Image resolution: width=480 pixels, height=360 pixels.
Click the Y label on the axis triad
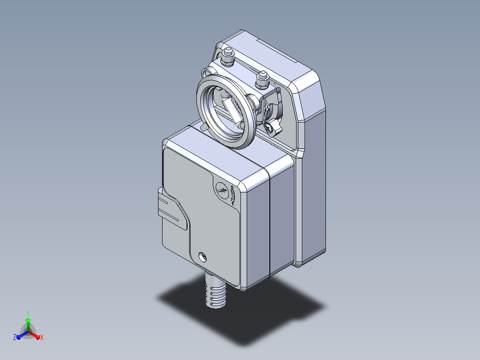pos(28,313)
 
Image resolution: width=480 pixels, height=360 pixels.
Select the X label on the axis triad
pos(42,337)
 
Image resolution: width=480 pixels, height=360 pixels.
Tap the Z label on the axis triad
pos(15,337)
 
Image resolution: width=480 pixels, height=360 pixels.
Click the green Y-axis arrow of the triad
pos(28,324)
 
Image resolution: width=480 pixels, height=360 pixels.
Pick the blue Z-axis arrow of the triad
pos(22,335)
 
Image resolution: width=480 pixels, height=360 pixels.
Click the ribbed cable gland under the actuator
pos(216,291)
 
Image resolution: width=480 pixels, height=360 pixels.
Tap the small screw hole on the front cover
pos(203,257)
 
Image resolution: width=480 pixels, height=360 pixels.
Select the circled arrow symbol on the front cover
pos(222,191)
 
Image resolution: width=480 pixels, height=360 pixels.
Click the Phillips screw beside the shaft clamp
pos(269,128)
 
